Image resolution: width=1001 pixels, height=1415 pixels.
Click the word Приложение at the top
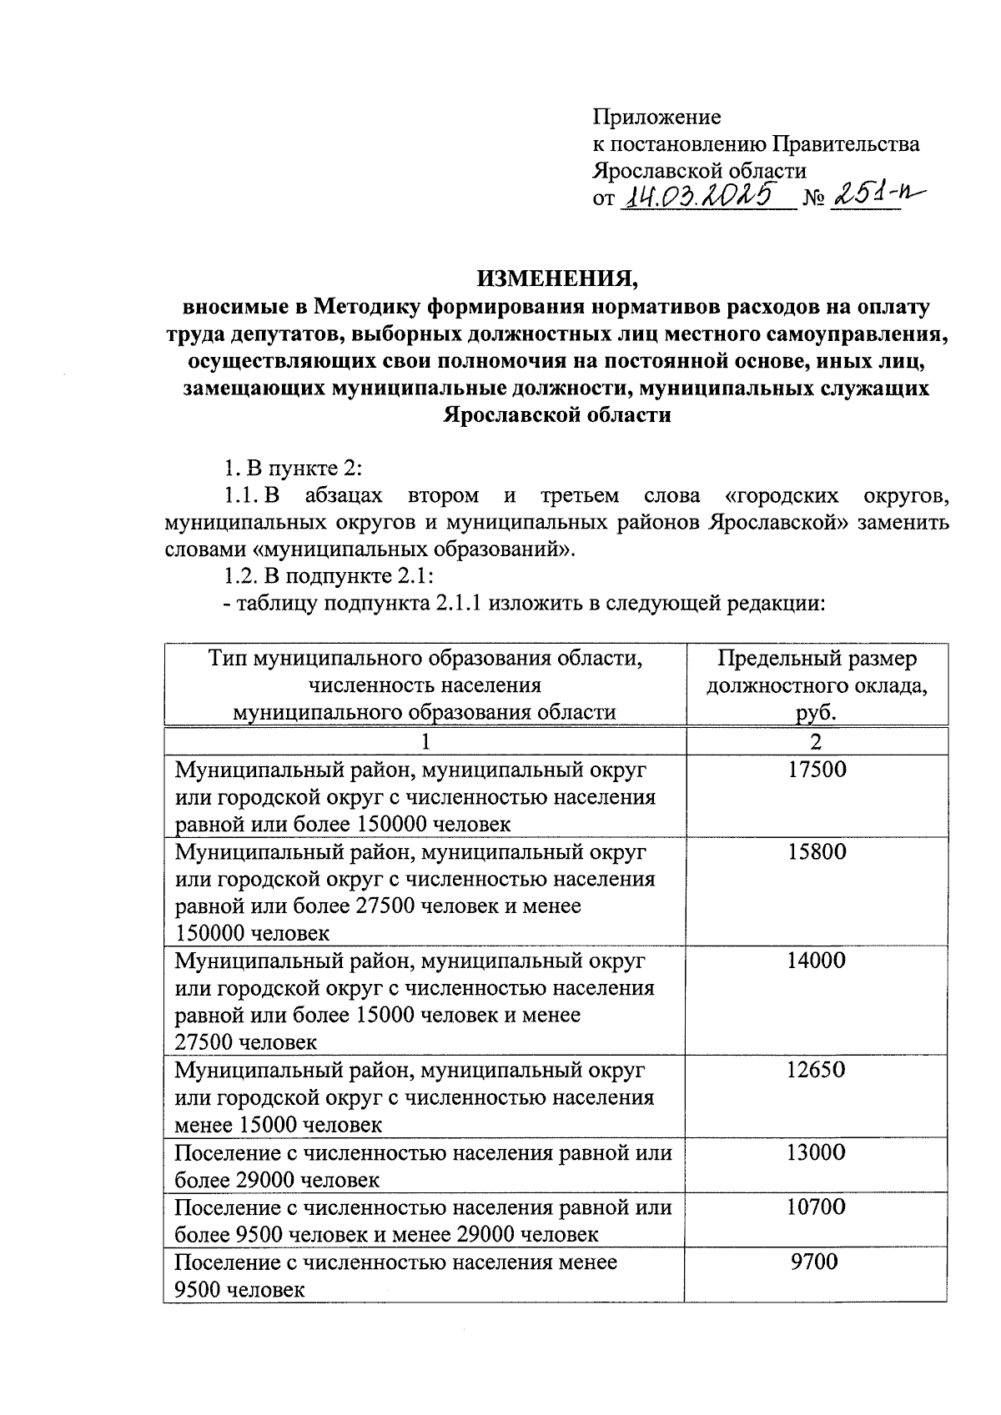click(x=656, y=117)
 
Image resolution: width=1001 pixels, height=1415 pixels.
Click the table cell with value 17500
click(x=816, y=769)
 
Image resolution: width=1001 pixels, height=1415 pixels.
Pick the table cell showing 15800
click(x=816, y=851)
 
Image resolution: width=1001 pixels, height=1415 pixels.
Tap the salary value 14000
click(x=816, y=960)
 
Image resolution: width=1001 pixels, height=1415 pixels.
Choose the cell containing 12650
click(x=816, y=1069)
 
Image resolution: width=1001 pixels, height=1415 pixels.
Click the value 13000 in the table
click(x=816, y=1152)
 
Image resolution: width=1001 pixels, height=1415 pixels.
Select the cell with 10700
click(x=816, y=1207)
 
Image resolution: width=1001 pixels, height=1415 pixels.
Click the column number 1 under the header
click(x=425, y=741)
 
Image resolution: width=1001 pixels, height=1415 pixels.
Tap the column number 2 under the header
click(x=816, y=741)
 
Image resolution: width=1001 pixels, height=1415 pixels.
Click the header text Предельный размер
click(x=817, y=659)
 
